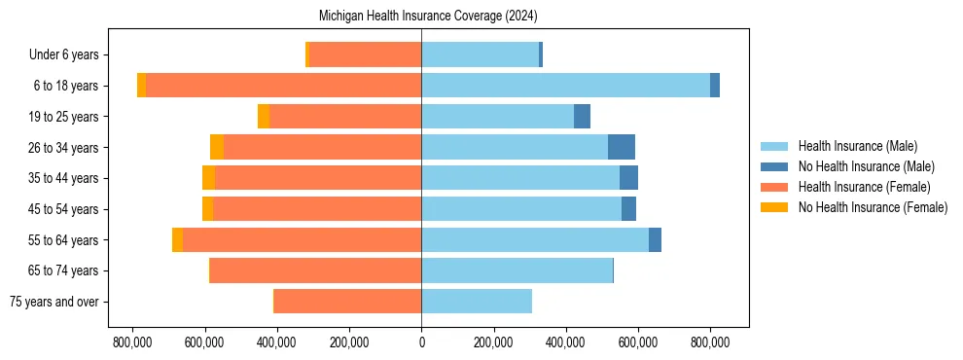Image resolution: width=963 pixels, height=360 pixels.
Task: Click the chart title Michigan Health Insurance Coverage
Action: tap(428, 17)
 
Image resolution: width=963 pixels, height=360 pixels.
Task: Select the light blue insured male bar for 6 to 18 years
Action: tap(565, 86)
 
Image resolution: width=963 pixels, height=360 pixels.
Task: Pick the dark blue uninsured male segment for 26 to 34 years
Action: tap(622, 147)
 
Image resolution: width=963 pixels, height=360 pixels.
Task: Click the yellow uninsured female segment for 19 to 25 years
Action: tap(264, 117)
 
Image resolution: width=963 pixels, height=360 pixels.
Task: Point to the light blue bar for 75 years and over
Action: tap(477, 302)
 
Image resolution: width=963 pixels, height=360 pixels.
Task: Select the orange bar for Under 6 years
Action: tap(365, 54)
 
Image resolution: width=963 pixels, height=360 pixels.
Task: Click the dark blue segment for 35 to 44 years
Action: tap(628, 178)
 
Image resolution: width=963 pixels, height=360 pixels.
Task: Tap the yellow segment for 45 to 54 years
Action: tap(207, 209)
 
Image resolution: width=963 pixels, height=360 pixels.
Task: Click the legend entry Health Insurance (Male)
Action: tap(857, 146)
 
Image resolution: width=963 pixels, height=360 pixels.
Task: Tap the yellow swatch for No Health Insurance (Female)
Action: tap(775, 207)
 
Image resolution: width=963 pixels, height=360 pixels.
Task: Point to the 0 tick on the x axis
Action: tap(421, 342)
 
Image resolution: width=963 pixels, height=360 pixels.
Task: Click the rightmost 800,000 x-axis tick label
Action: tap(709, 342)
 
